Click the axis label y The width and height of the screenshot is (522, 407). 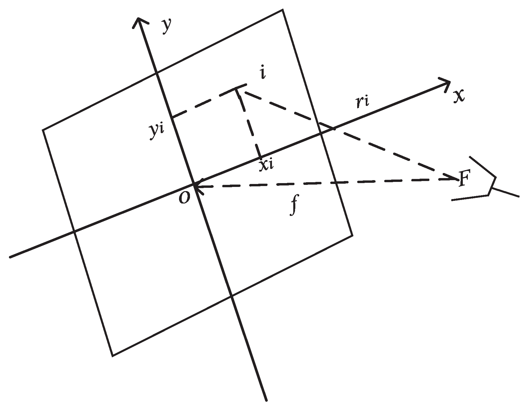point(167,27)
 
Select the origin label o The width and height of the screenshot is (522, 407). point(184,198)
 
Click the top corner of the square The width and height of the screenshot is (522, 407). point(283,10)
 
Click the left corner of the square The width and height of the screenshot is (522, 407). point(43,130)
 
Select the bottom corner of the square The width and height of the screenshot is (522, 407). point(112,356)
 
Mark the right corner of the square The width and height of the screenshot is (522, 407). point(352,235)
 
